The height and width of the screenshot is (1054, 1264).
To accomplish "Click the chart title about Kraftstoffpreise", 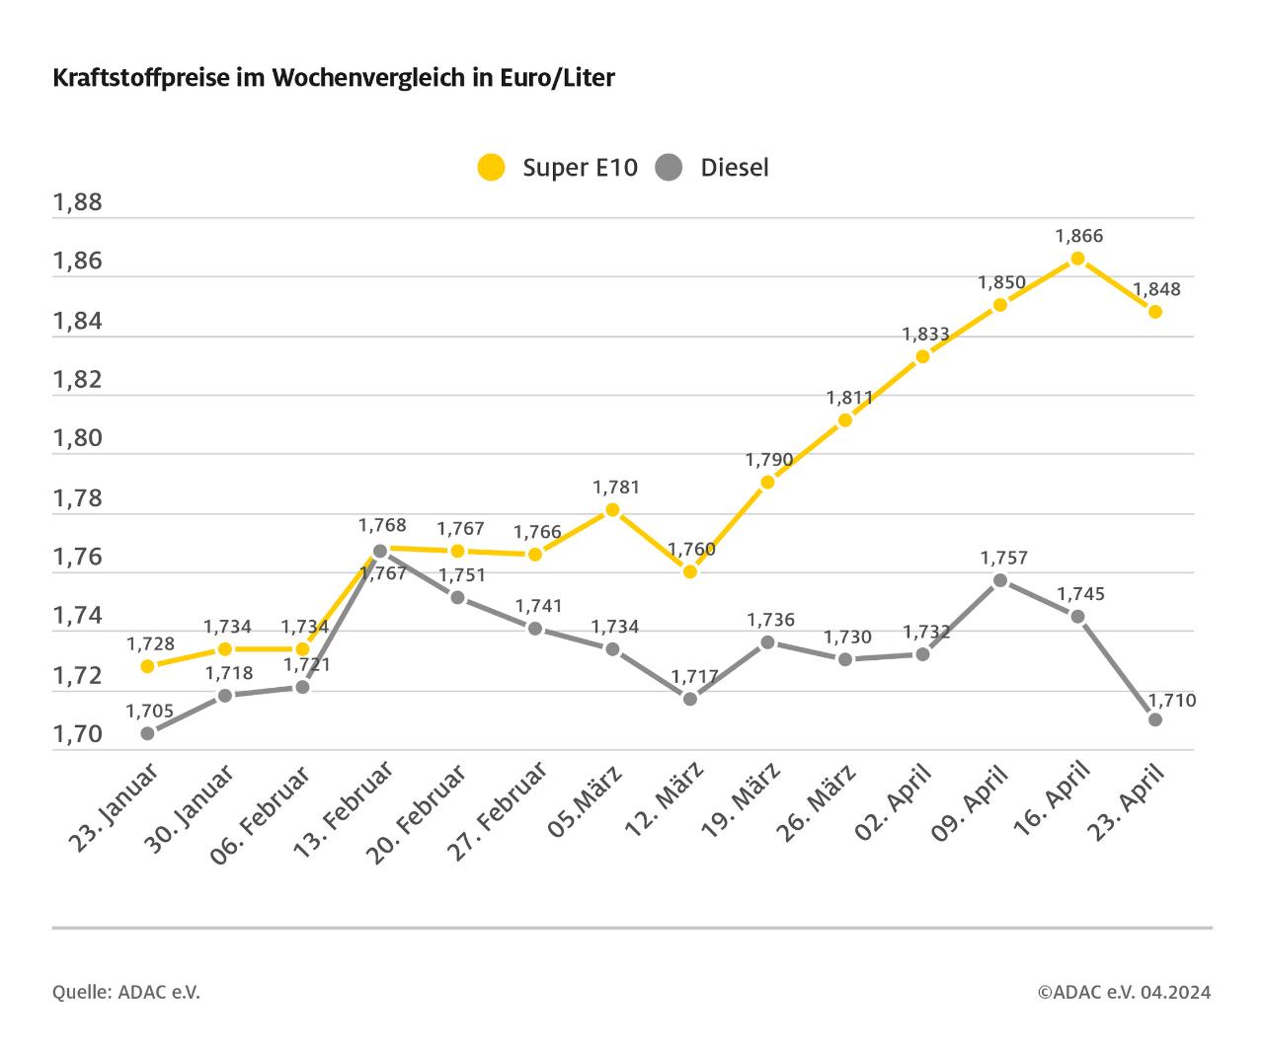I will pos(333,78).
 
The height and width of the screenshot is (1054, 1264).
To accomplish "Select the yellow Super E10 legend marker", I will pos(491,167).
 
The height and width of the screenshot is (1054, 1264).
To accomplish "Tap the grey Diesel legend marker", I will pos(669,167).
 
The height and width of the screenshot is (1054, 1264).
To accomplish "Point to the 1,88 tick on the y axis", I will pos(78,203).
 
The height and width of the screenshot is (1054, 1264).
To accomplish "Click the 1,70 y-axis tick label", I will pos(78,734).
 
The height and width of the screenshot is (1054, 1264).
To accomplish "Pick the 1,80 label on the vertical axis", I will pos(78,439).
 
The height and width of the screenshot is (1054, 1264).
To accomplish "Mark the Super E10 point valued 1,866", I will pos(1077,259).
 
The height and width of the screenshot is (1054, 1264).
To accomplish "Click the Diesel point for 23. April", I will pos(1155,719).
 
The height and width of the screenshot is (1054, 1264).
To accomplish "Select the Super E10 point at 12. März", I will pos(690,571).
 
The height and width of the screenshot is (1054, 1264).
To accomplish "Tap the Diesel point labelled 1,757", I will pos(1000,580).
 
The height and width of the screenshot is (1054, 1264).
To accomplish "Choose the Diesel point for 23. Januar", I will pos(147,733).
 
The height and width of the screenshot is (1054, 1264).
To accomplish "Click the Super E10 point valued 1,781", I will pos(612,509).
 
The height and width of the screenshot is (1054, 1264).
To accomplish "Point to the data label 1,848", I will pos(1155,290).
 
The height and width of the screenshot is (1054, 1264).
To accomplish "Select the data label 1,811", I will pos(849,398).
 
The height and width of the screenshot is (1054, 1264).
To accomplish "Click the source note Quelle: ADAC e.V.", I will pos(126,992).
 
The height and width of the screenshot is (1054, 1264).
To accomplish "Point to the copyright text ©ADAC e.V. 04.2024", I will pos(1124,992).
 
